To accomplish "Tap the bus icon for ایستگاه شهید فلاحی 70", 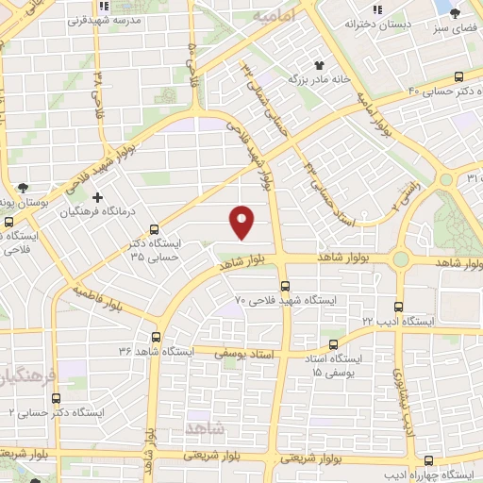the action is click(x=285, y=286).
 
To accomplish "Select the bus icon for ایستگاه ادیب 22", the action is click(x=398, y=307).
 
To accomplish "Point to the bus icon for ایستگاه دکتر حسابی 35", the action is click(x=155, y=228).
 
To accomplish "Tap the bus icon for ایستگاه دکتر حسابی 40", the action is click(x=458, y=76).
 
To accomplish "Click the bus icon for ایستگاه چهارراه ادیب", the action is click(x=429, y=460).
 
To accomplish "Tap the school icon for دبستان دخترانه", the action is click(x=377, y=9).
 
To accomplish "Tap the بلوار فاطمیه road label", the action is click(x=96, y=299).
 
